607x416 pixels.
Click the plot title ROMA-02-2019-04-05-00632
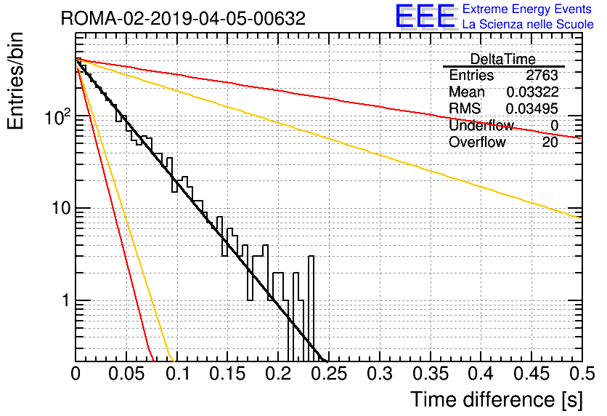[183, 18]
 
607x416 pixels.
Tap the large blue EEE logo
[425, 16]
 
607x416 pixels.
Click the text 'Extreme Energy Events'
[527, 9]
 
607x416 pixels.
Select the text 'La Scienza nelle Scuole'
[528, 25]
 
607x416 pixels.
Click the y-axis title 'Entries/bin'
[15, 81]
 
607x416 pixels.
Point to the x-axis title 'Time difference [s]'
[497, 399]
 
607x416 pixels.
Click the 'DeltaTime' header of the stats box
[502, 60]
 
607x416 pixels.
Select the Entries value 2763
[542, 75]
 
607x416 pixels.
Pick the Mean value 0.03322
[532, 92]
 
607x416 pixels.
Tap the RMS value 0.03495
[532, 109]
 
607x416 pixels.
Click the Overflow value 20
[550, 143]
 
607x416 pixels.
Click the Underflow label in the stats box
[481, 125]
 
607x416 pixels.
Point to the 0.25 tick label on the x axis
[329, 374]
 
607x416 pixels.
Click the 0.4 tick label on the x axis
[481, 374]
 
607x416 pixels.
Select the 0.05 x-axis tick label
[126, 374]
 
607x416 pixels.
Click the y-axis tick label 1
[66, 300]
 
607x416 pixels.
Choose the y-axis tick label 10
[61, 208]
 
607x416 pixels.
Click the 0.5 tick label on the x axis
[582, 374]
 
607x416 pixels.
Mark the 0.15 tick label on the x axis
[228, 374]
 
